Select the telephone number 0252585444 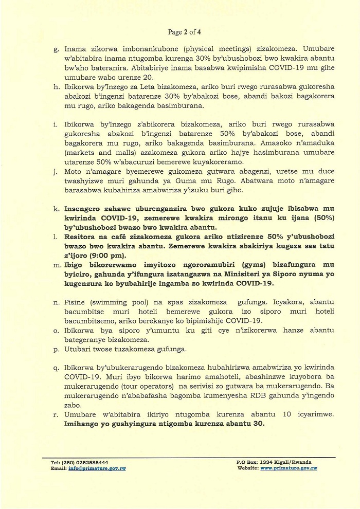(x=91, y=463)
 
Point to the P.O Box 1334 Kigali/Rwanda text (x=274, y=463)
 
